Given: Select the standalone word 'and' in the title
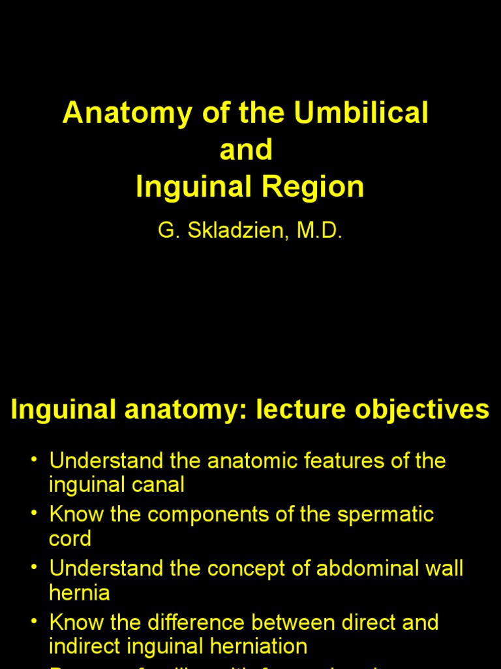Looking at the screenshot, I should point(246,150).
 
